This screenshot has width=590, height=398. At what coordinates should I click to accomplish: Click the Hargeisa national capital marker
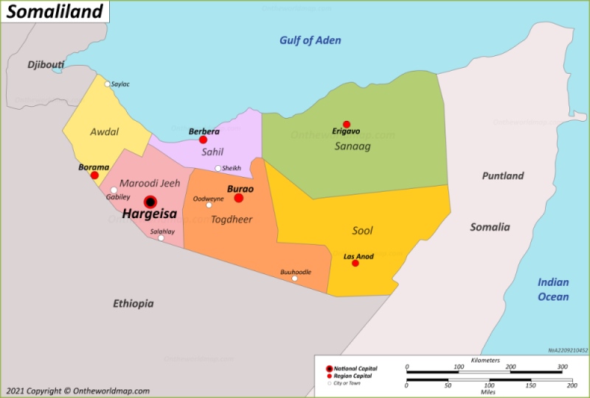click(x=150, y=201)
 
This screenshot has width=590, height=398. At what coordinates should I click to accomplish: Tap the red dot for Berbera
click(x=203, y=139)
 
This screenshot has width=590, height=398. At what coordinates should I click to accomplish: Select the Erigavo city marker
click(x=346, y=125)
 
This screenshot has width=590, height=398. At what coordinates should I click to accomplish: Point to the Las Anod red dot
click(x=355, y=263)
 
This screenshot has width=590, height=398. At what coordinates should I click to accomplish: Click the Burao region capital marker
click(x=239, y=198)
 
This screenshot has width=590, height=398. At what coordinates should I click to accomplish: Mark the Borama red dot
click(x=94, y=175)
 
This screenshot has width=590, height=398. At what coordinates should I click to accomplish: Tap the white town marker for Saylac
click(x=108, y=84)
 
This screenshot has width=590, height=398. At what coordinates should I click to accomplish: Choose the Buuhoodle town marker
click(x=294, y=279)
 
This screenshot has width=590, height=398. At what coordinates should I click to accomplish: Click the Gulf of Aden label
click(x=310, y=41)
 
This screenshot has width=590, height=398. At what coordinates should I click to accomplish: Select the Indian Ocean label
click(x=552, y=289)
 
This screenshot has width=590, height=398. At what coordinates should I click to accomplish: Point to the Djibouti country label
click(x=46, y=65)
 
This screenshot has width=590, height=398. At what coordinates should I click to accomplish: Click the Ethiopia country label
click(x=133, y=303)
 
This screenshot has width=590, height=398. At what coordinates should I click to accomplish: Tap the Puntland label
click(x=503, y=175)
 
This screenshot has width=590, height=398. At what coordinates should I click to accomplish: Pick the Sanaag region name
click(x=353, y=146)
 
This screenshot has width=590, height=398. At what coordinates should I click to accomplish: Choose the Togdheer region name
click(x=232, y=219)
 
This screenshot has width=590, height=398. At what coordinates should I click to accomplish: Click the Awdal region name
click(x=104, y=131)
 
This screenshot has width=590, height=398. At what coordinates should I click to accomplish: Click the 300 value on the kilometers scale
click(x=562, y=367)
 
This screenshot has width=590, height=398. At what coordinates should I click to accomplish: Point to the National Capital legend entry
click(x=355, y=368)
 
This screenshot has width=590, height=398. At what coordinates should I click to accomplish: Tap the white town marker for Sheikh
click(x=218, y=168)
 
